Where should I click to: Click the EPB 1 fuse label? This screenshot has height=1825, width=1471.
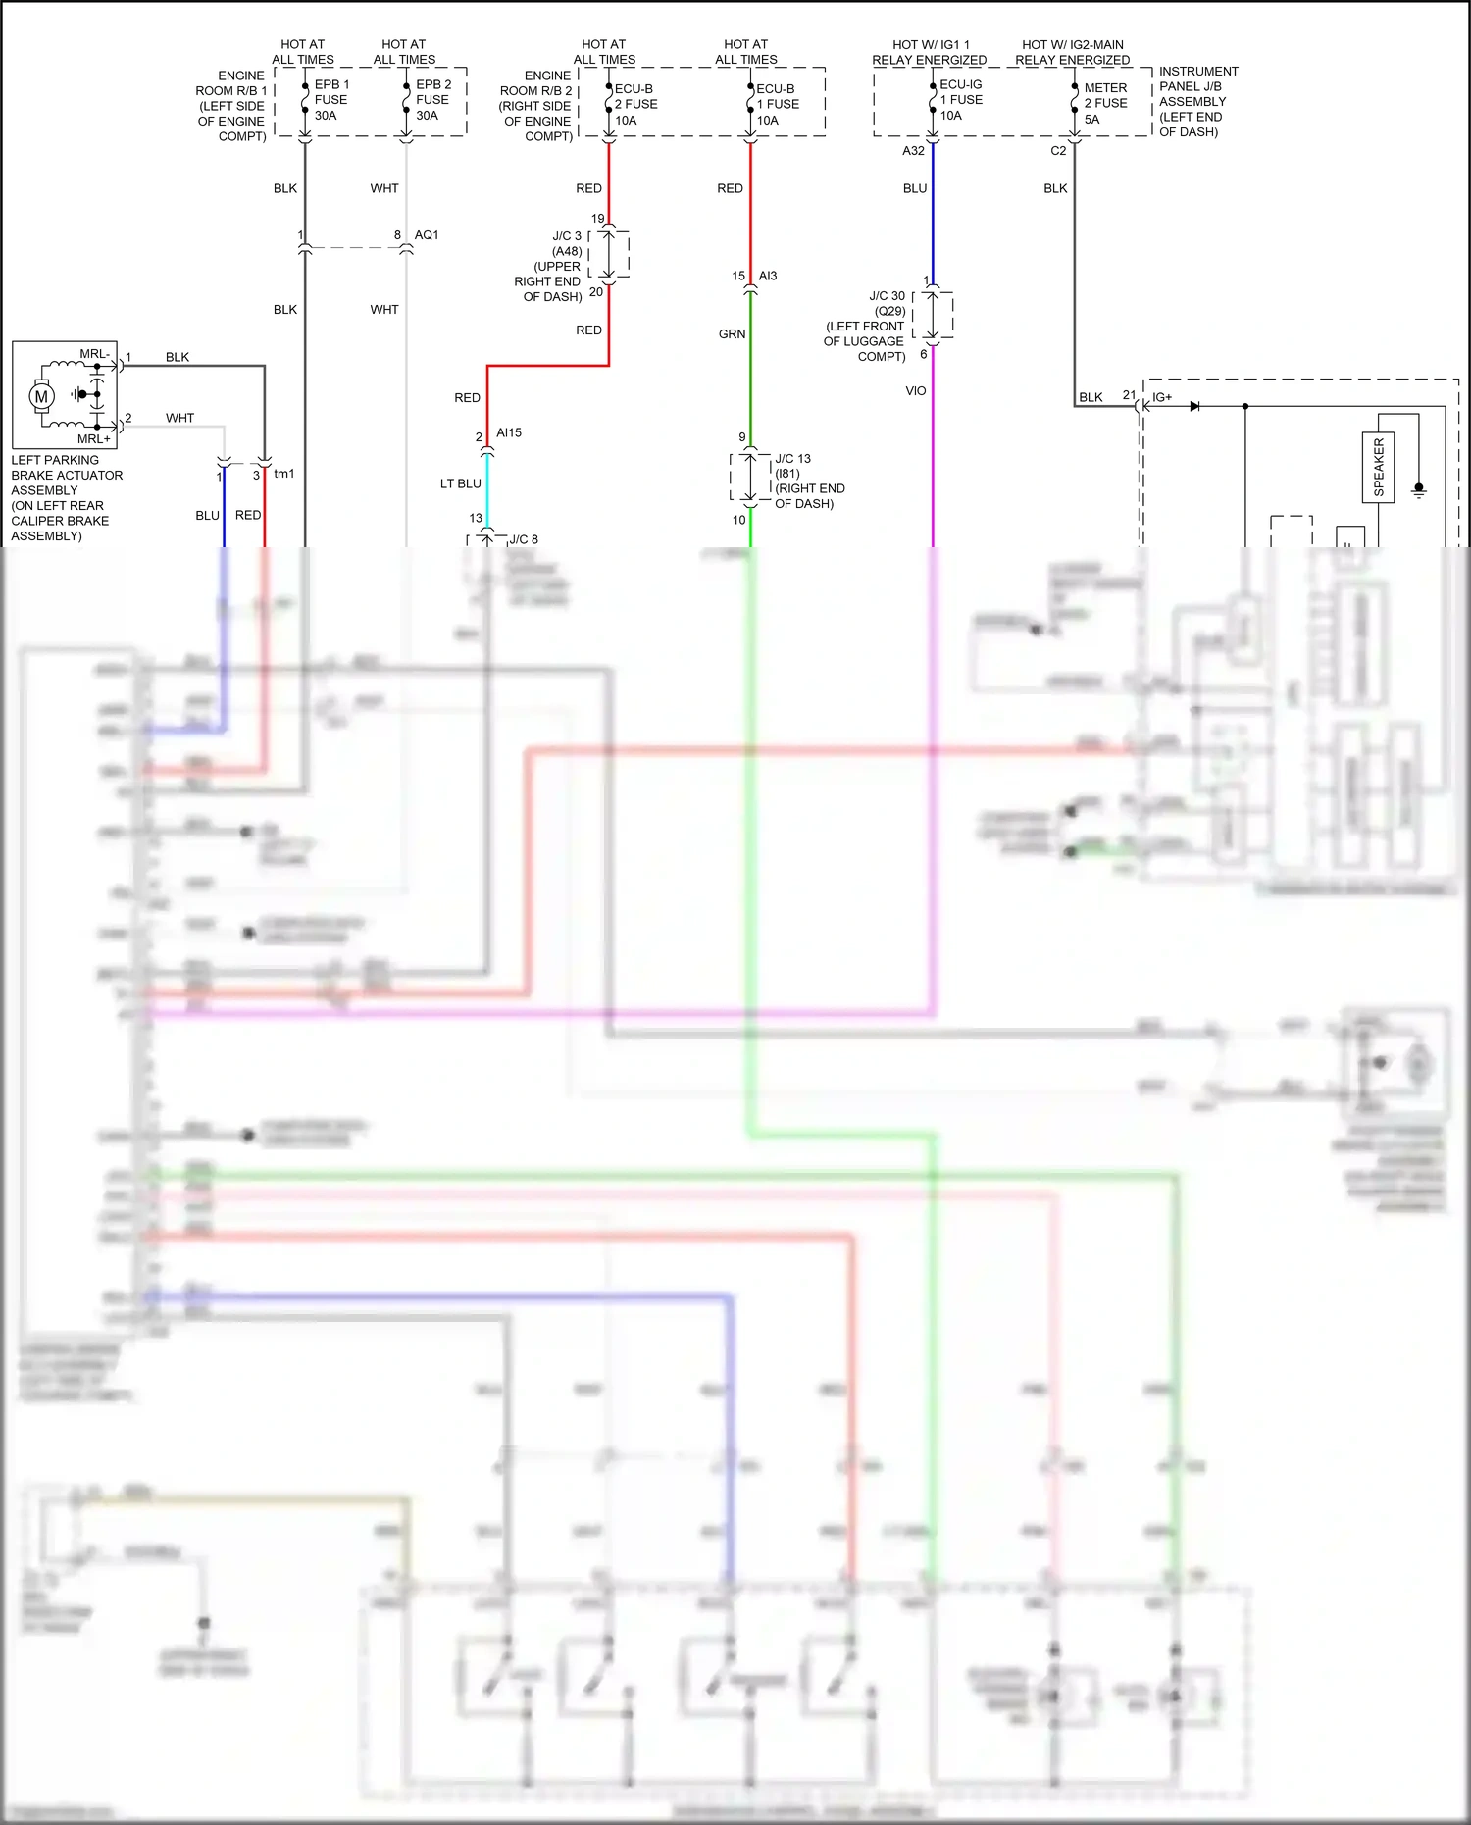pos(330,99)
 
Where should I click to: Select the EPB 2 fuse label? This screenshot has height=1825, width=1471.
pos(432,99)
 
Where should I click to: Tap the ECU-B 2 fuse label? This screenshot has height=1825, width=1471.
pos(634,104)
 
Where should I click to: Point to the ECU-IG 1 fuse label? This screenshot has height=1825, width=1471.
pos(960,99)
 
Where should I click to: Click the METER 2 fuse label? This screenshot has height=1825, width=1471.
pos(1105,103)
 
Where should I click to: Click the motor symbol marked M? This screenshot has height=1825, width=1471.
pos(41,396)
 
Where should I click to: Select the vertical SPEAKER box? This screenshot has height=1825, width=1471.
pos(1378,467)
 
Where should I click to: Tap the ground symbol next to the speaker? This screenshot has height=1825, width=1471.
pos(1418,489)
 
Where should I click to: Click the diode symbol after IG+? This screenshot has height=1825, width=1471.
pos(1194,406)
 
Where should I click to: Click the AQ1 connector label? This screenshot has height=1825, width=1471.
pos(427,235)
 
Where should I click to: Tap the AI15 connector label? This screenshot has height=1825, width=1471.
pos(509,432)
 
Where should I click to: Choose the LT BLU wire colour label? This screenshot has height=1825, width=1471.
pos(460,483)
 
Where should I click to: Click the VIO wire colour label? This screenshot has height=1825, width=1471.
pos(915,391)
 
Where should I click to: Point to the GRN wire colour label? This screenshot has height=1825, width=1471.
pos(732,334)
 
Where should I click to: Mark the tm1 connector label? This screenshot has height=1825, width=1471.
pos(283,474)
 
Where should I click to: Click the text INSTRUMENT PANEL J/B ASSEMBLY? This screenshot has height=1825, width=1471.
pos(1197,101)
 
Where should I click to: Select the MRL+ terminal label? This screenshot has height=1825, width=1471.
pos(94,439)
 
